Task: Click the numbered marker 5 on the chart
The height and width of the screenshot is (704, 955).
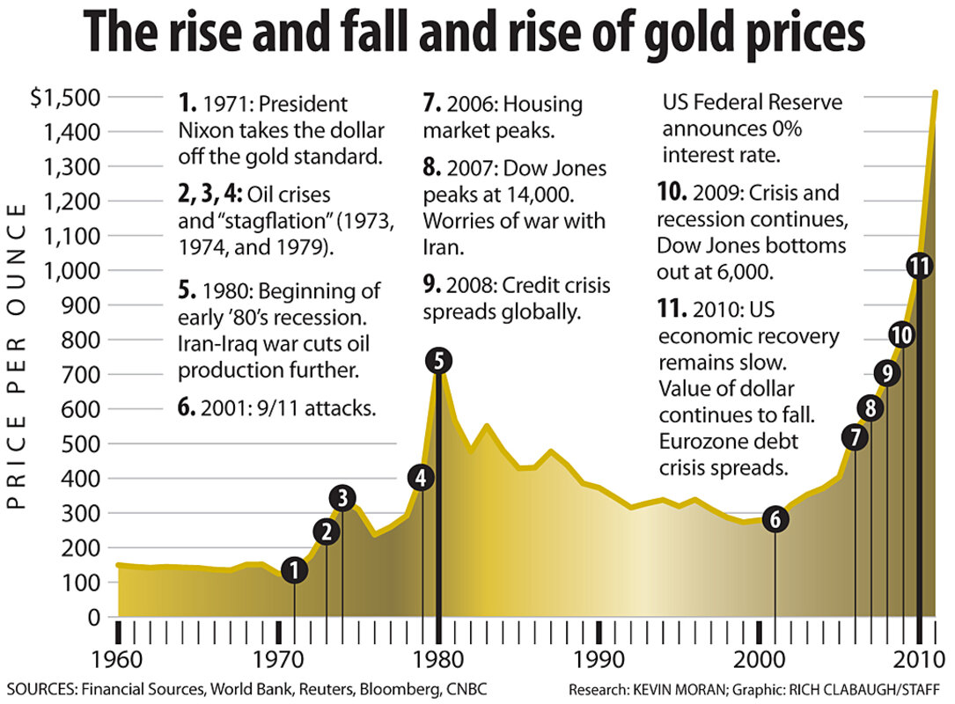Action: click(x=437, y=360)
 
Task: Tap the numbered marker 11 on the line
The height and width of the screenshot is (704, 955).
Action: click(x=919, y=268)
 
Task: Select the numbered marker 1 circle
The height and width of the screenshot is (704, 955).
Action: click(x=295, y=570)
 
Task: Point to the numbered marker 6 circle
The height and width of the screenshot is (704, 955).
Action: click(x=775, y=519)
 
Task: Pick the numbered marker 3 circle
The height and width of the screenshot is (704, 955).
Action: click(x=342, y=499)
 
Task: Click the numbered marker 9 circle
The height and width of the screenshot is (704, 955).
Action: click(x=887, y=374)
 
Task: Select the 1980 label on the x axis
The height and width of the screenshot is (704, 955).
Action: click(x=437, y=659)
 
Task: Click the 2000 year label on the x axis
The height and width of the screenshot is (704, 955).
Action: click(x=759, y=659)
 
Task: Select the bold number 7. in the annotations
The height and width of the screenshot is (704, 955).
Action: click(x=431, y=104)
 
